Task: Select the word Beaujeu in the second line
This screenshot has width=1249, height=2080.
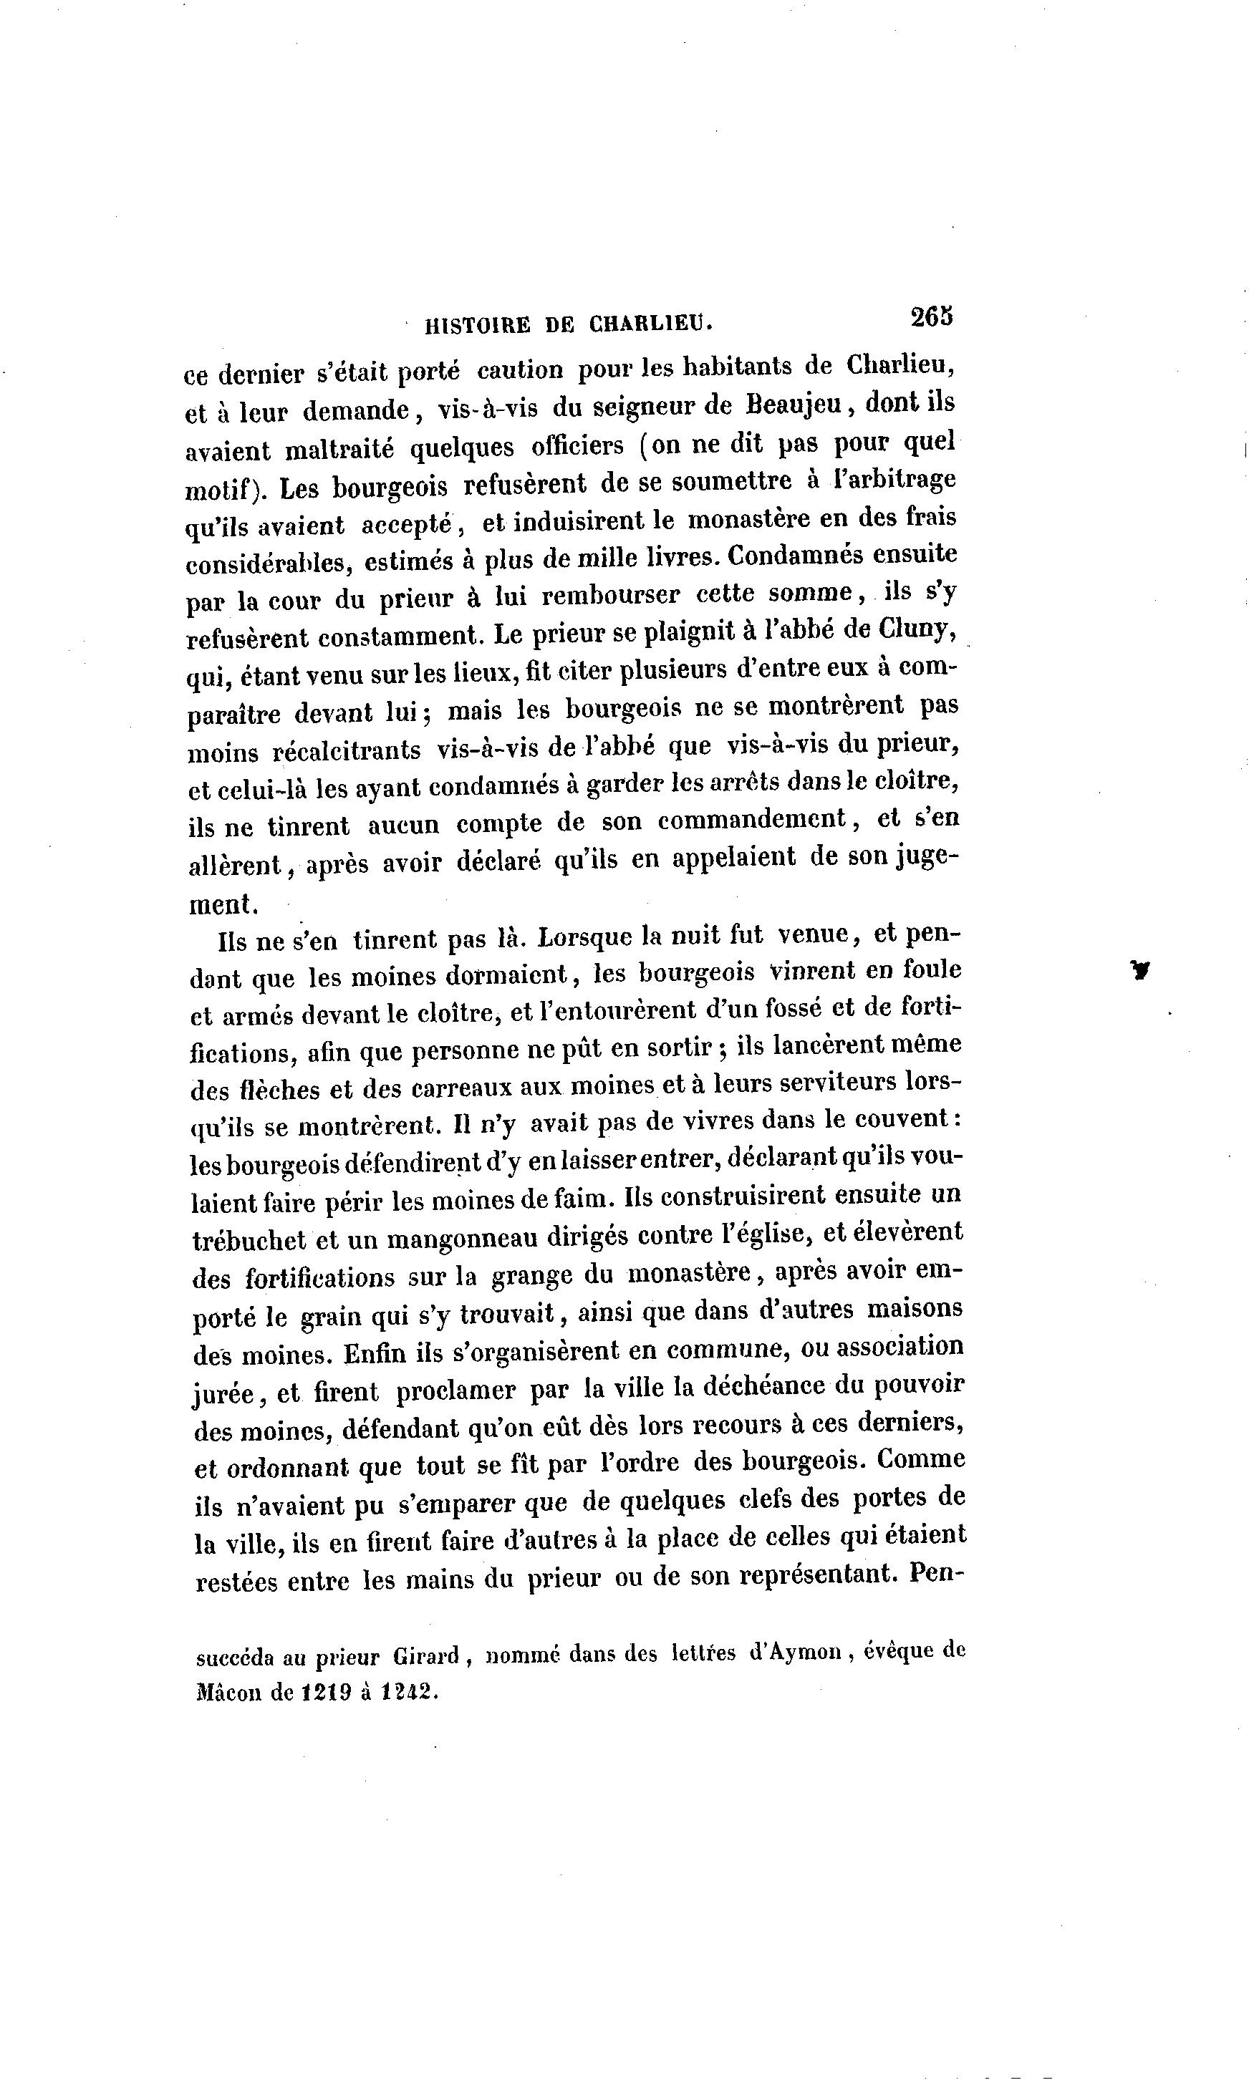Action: point(794,405)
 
